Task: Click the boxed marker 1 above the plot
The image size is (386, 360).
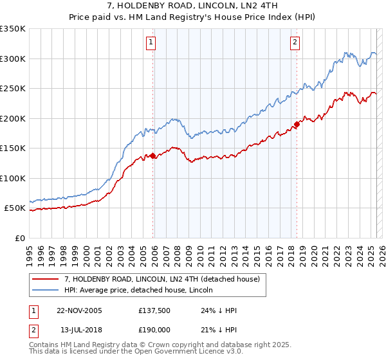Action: point(151,43)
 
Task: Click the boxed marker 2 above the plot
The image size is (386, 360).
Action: point(295,43)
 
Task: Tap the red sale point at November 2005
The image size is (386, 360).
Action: point(153,156)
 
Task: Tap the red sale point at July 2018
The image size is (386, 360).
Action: point(297,124)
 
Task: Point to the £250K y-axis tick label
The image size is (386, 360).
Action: point(13,89)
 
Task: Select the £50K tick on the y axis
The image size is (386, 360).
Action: point(15,208)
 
